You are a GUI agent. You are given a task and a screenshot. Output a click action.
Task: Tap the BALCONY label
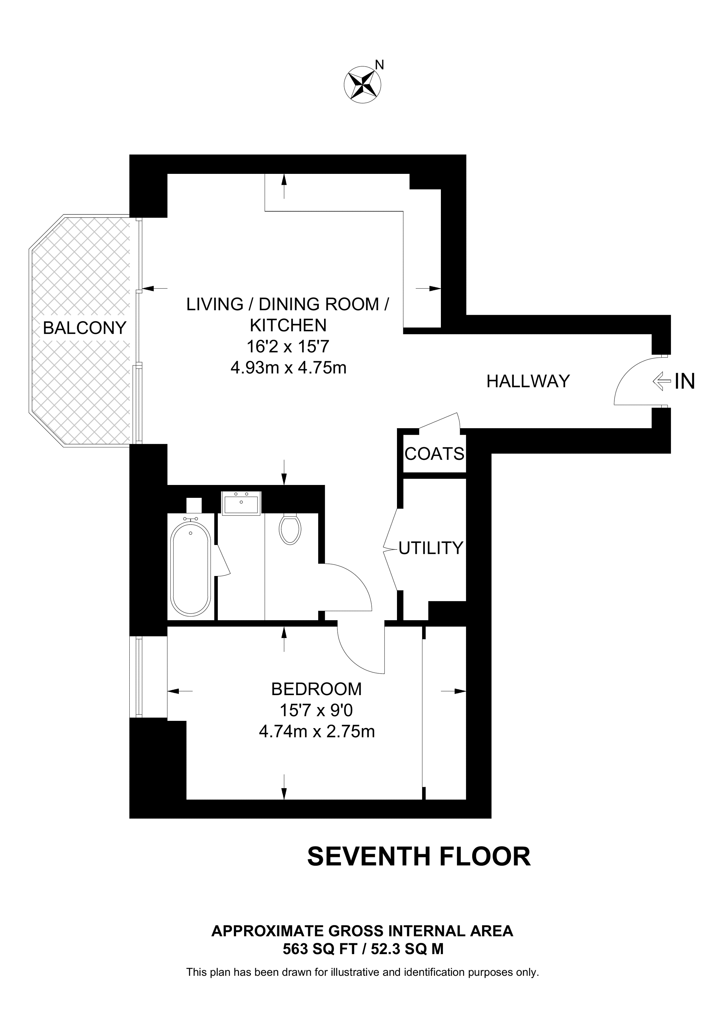point(84,328)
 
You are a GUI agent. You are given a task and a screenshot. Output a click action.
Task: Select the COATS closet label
point(434,454)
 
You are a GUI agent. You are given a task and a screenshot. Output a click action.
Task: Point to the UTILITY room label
point(430,548)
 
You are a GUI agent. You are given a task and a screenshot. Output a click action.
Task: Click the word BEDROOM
point(316,689)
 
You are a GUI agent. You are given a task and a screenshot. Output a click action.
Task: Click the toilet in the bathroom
point(289,529)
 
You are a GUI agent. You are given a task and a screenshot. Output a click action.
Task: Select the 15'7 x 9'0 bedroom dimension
point(316,710)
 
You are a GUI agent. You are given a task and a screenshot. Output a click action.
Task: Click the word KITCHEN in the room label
point(288,326)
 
